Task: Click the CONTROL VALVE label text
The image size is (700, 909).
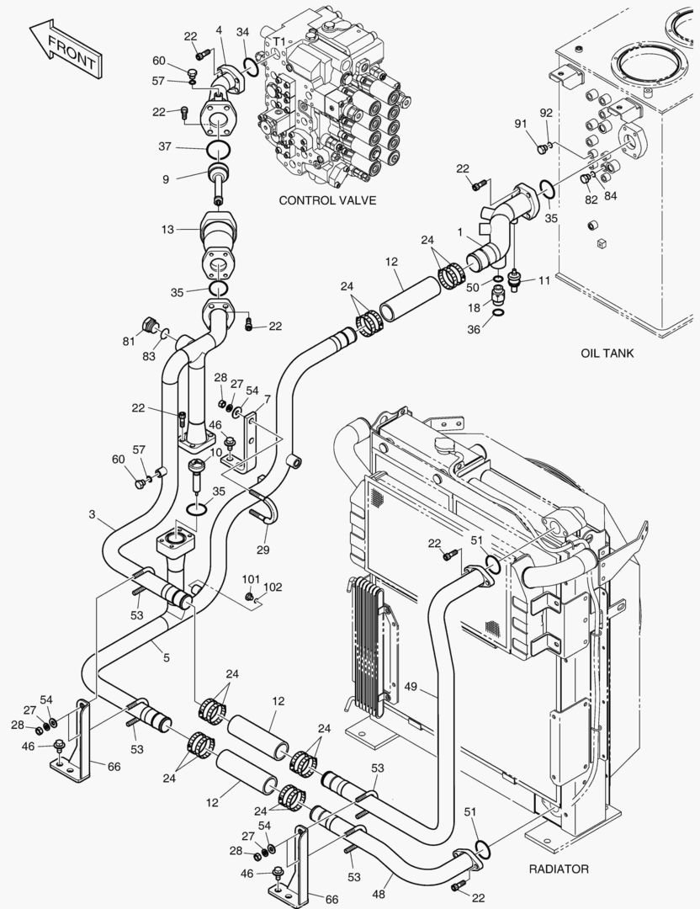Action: tap(327, 200)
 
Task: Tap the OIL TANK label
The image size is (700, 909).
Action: tap(607, 353)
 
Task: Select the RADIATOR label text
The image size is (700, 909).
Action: tap(559, 869)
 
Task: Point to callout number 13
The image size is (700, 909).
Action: tap(167, 229)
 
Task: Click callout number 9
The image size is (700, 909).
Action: tap(167, 178)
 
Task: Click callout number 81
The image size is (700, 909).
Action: tap(129, 341)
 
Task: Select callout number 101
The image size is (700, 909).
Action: tap(250, 579)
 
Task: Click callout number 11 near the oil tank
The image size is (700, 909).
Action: tap(544, 279)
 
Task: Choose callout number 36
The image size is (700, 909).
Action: tap(473, 330)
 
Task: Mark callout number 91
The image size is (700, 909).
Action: tap(521, 124)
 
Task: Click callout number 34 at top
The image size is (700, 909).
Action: tap(243, 32)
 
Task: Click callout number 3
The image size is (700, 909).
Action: tap(91, 513)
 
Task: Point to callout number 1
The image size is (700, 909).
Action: tap(460, 231)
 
